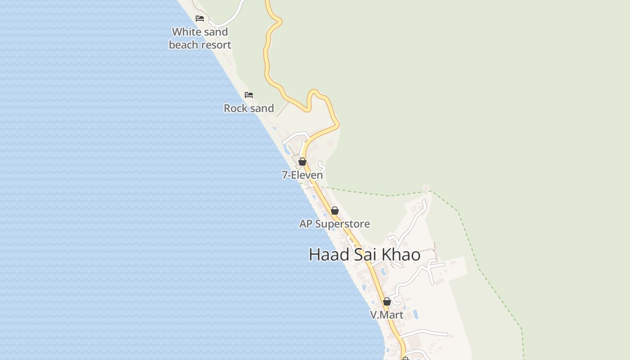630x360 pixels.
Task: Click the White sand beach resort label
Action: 200,38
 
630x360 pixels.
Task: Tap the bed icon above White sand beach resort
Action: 200,18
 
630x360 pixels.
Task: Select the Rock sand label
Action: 249,108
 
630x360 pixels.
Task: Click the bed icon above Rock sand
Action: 249,95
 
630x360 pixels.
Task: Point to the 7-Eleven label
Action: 302,175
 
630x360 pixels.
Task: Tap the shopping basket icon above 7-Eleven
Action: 302,162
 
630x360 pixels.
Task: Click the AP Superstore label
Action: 334,224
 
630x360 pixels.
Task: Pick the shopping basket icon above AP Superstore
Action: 335,211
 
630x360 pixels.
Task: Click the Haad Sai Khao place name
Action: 364,254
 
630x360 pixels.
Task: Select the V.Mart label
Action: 387,315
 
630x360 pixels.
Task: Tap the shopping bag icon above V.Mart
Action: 387,301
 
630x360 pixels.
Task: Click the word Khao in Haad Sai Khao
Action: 401,254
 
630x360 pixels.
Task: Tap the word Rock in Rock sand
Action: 236,108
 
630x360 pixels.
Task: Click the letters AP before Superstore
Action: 306,224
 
